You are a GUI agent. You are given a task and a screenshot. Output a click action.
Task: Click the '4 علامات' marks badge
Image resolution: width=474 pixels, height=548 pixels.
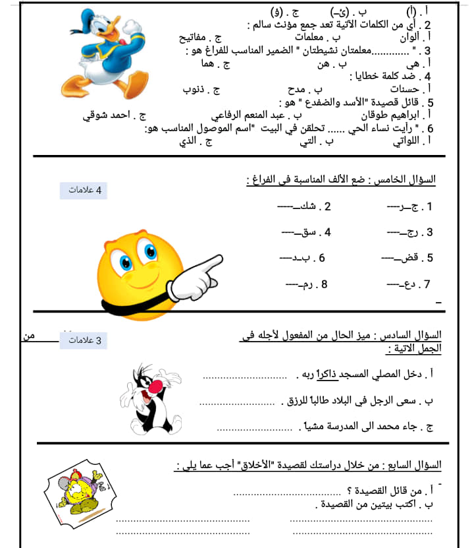[83, 191]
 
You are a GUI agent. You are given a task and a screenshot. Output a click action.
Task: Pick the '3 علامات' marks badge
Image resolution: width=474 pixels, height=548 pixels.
[83, 340]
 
